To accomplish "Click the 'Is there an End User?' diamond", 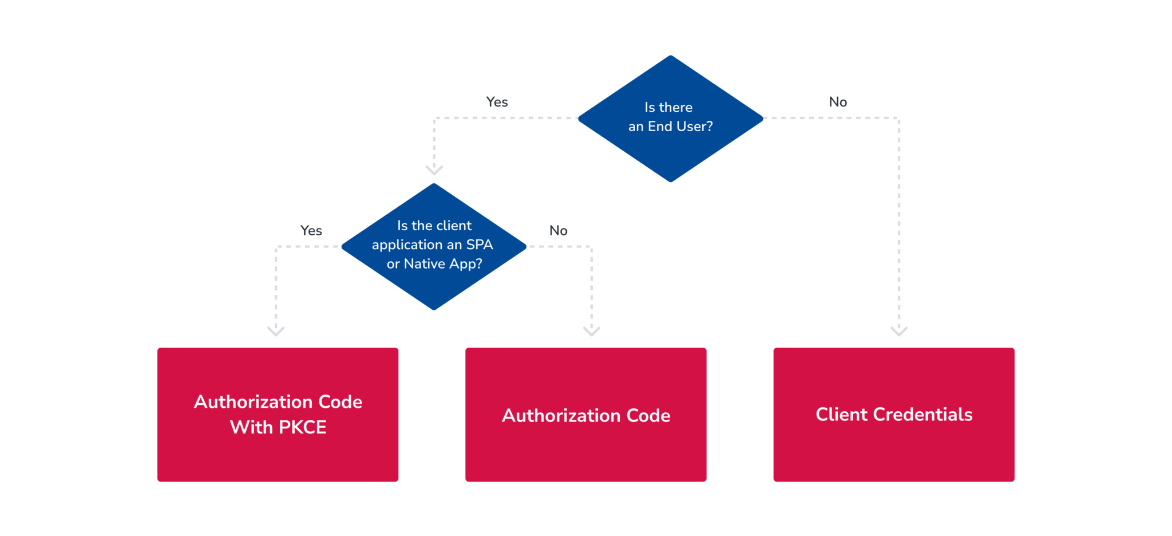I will (670, 119).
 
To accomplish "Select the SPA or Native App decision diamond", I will (434, 246).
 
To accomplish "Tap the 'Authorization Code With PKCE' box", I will (278, 414).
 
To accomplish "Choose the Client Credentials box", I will (893, 414).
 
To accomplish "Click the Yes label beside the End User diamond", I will (497, 102).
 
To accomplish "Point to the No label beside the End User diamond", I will (838, 102).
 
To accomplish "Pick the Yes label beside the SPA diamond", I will (311, 231).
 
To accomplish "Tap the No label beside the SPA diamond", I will (558, 231).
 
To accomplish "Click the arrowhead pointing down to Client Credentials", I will (898, 330).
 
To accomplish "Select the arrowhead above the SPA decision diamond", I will (434, 170).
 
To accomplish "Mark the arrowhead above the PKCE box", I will (276, 330).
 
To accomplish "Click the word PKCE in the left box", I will (302, 427).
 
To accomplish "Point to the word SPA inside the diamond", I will (479, 245).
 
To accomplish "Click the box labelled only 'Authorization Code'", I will (585, 414).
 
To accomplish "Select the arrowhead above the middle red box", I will (591, 330).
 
